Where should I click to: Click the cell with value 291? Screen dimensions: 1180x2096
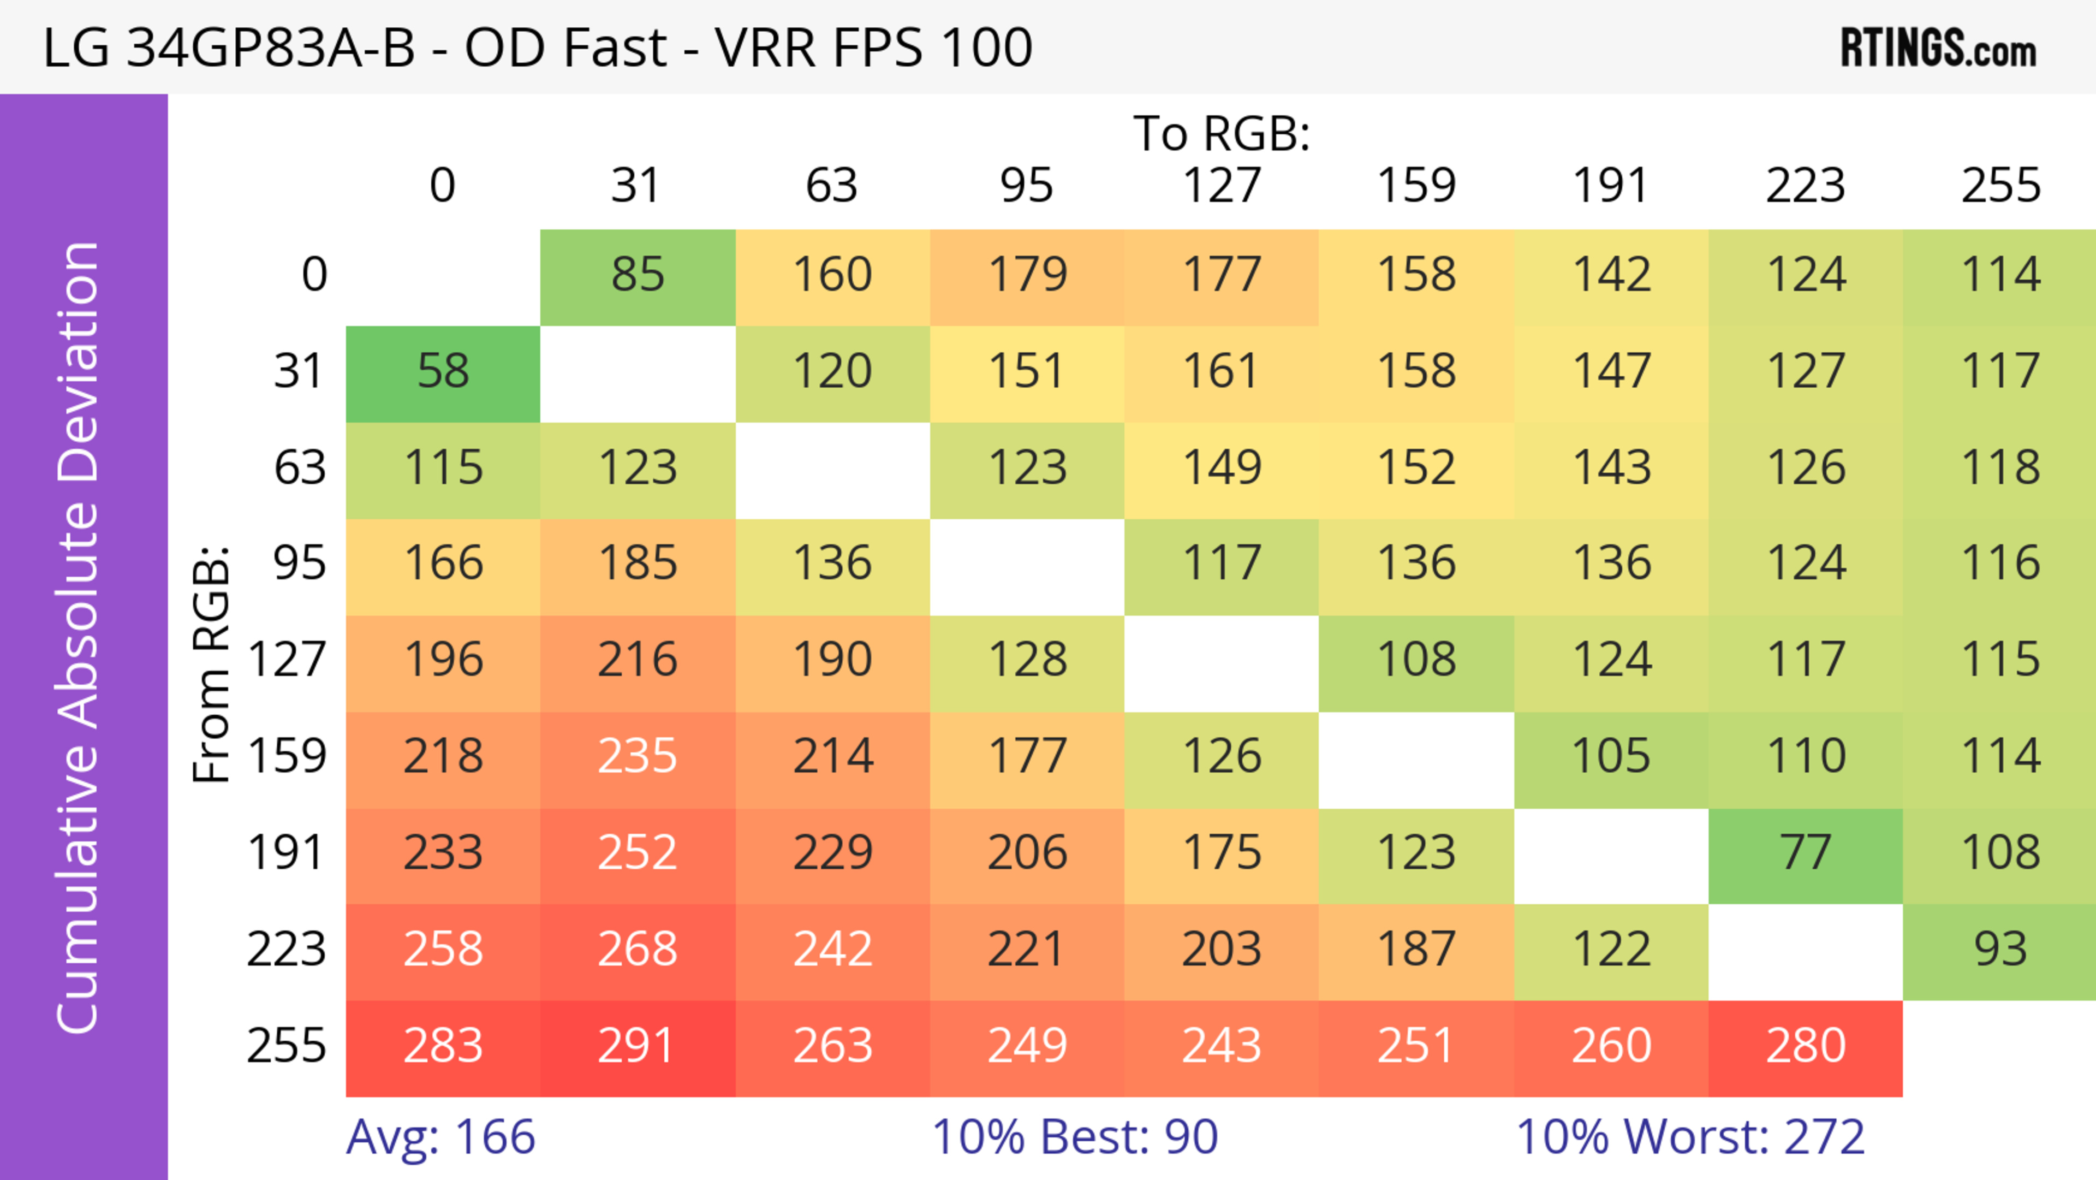(x=637, y=1047)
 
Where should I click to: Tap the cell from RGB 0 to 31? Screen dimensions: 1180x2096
(x=637, y=276)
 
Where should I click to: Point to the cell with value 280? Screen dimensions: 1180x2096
(x=1806, y=1047)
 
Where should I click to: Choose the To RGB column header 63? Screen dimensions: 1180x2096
(x=831, y=186)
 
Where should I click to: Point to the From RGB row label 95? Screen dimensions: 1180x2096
(x=300, y=565)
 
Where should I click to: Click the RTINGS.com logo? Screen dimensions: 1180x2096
(x=1938, y=49)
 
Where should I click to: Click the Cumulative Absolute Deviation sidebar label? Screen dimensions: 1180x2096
(x=78, y=637)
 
